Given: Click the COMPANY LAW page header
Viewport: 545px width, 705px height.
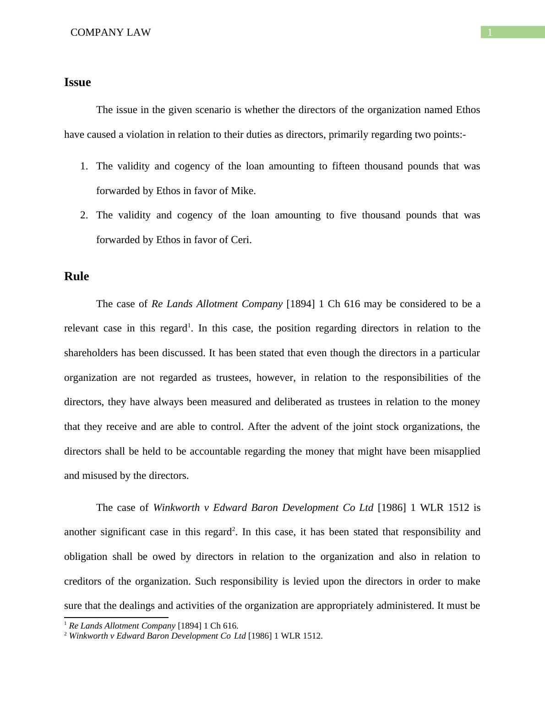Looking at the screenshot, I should pyautogui.click(x=110, y=33).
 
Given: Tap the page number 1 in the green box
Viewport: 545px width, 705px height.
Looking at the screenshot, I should pyautogui.click(x=490, y=33).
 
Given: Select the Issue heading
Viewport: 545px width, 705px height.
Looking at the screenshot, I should pyautogui.click(x=77, y=82).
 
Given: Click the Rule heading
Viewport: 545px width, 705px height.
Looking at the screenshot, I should pyautogui.click(x=76, y=277).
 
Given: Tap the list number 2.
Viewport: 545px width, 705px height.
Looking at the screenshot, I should pyautogui.click(x=83, y=215).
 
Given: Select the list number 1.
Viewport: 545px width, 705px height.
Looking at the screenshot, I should pyautogui.click(x=83, y=166).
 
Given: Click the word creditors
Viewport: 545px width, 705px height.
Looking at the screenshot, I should pyautogui.click(x=83, y=581).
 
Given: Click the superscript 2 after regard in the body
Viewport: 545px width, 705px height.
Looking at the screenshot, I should pyautogui.click(x=234, y=529).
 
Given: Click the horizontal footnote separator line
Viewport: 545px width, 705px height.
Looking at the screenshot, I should pyautogui.click(x=116, y=617).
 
